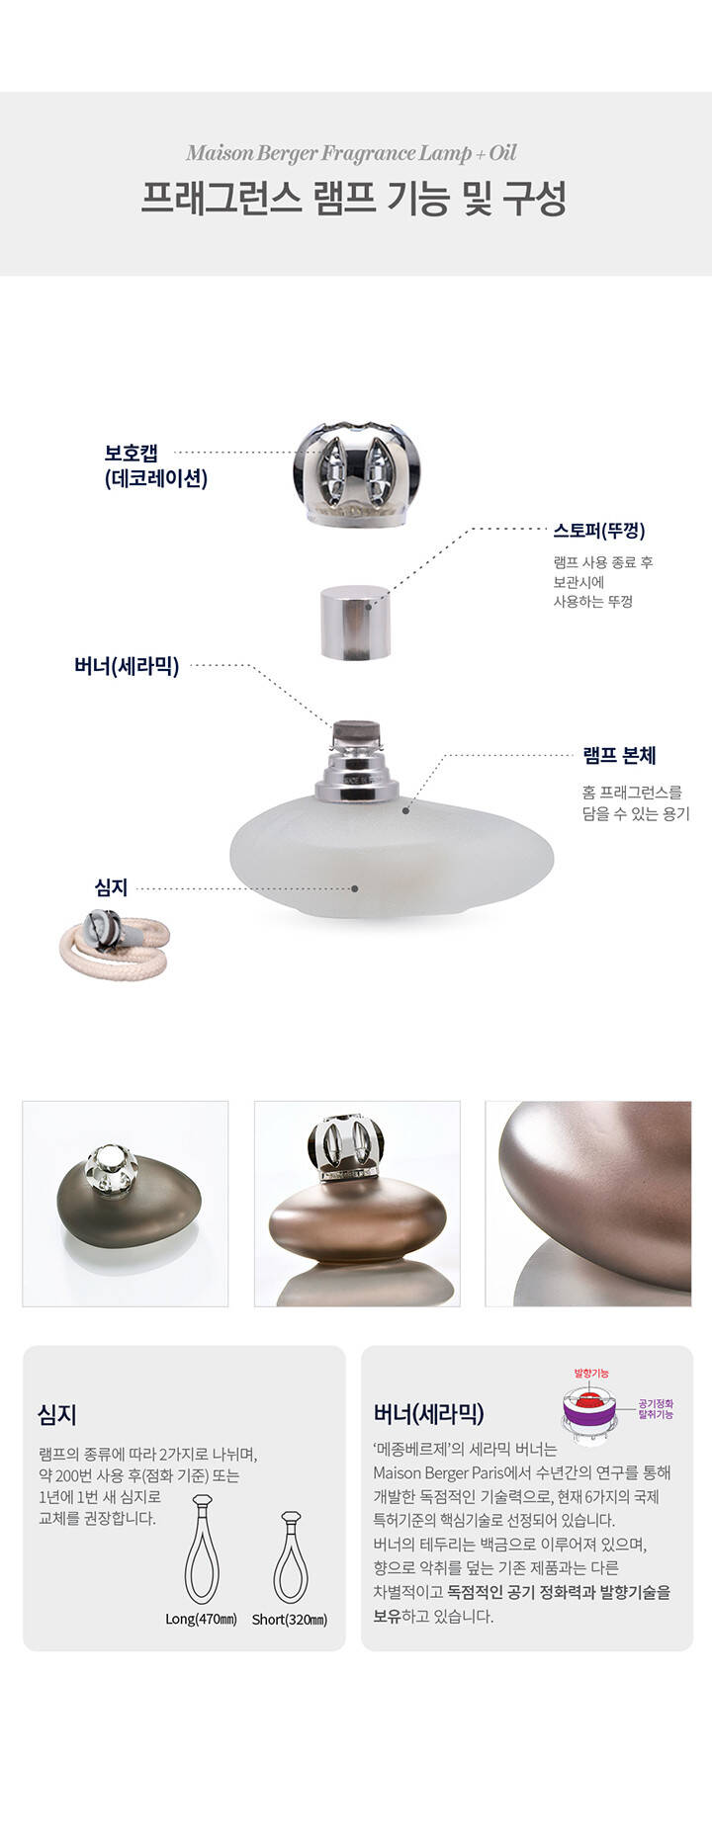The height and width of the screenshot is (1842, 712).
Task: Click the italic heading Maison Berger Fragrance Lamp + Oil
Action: coord(351,153)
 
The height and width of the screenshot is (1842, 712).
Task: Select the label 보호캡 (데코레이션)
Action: coord(155,466)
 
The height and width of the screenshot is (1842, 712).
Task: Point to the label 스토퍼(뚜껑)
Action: coord(599,531)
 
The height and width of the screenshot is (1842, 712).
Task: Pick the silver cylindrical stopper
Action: coord(355,622)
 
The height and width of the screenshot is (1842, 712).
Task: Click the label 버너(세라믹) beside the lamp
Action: coord(127,666)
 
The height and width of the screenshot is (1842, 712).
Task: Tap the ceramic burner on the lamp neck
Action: coord(357,734)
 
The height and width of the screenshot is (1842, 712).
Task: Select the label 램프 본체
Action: coord(619,756)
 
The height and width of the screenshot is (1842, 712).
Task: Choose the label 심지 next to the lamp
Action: coord(111,887)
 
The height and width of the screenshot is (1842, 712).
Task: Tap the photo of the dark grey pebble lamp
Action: coord(126,1204)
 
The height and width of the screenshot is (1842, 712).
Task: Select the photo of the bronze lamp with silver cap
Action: coord(357,1204)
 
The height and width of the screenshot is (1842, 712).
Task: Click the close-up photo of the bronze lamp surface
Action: coord(588,1204)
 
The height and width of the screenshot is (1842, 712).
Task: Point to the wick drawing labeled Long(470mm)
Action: coord(202,1549)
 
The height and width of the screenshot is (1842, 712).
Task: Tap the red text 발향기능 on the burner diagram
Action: coord(591,1374)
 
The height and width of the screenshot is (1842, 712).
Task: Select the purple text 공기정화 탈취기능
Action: coord(656,1409)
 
